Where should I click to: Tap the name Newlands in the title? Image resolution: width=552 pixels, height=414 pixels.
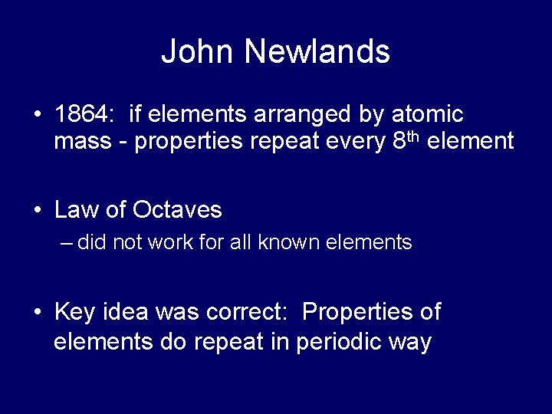point(317,52)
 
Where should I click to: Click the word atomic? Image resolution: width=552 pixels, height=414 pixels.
point(428,115)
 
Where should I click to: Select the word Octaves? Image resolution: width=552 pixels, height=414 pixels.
point(177,209)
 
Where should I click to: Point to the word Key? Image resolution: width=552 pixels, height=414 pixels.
point(75,312)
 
